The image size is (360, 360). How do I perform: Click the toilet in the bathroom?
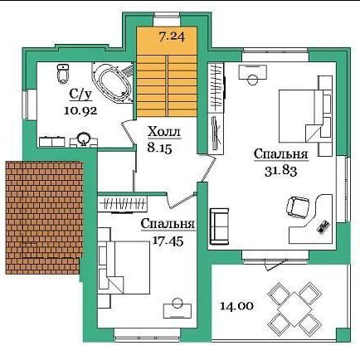[63, 74]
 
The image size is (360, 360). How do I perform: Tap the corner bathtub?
[113, 83]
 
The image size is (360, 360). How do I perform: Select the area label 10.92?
[80, 111]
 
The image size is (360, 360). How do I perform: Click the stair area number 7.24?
[172, 36]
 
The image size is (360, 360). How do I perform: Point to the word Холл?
[164, 132]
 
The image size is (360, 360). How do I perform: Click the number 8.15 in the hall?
[160, 148]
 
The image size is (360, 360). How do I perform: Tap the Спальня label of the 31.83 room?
[281, 154]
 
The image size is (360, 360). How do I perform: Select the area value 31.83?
[281, 172]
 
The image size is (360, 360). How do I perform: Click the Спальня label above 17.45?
[168, 224]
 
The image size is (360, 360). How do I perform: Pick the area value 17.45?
[168, 241]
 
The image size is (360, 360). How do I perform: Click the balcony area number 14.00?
[236, 306]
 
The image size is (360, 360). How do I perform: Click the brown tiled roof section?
[44, 218]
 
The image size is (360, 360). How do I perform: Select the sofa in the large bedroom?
[219, 226]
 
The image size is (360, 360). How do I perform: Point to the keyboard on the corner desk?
[324, 227]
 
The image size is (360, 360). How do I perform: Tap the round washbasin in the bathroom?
[84, 139]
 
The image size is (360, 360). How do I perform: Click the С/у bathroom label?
[80, 95]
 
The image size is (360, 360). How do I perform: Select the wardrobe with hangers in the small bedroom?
[123, 205]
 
